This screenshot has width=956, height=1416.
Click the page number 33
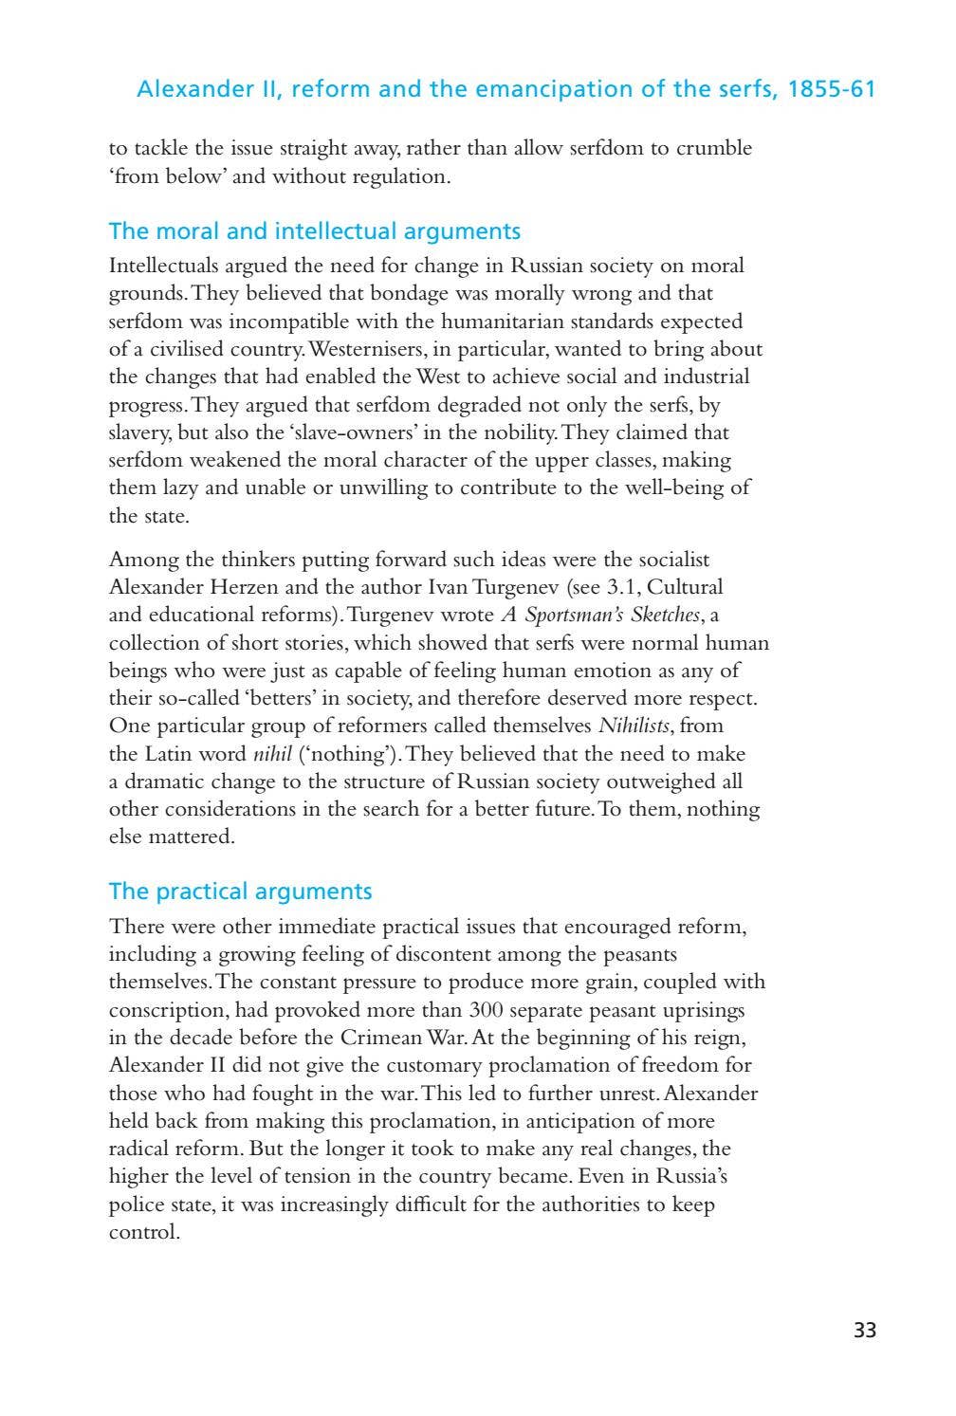(864, 1330)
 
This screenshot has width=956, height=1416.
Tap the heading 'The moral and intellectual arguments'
(314, 231)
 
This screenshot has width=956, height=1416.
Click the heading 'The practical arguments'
(240, 892)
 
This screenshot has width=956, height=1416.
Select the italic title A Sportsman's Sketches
(601, 615)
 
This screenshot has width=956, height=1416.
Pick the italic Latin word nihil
(272, 754)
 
